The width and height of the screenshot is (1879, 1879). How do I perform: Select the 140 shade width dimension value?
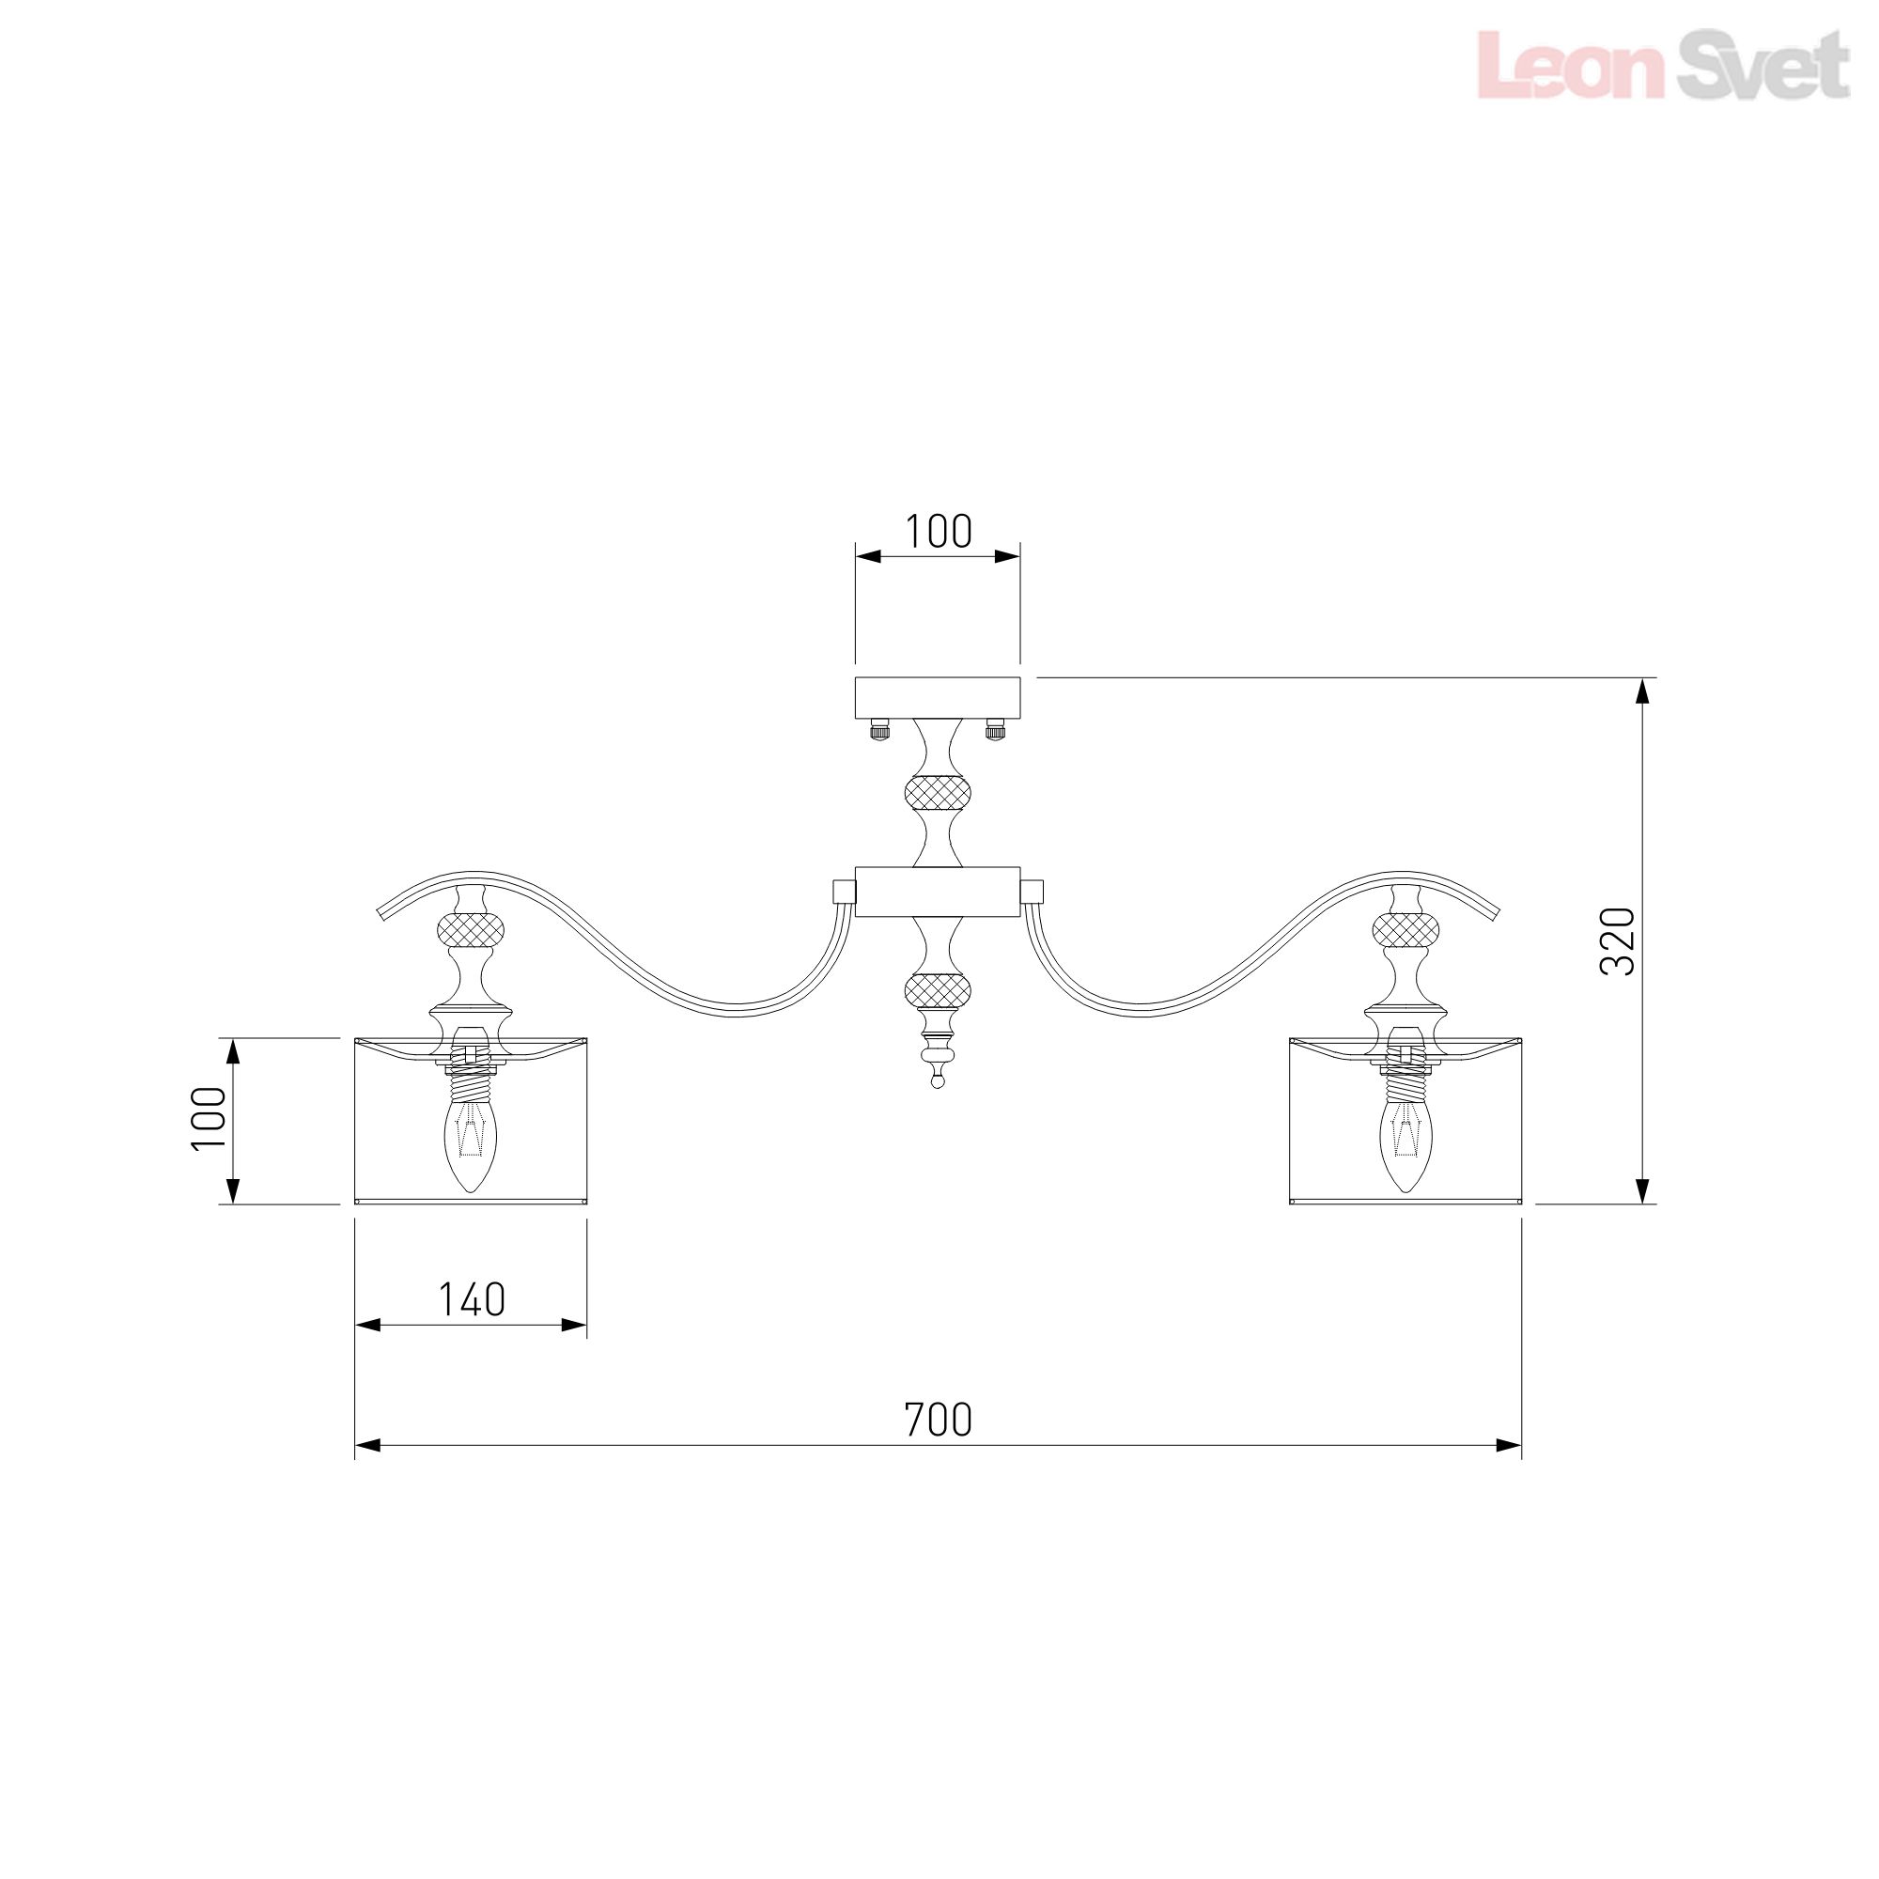click(x=472, y=1299)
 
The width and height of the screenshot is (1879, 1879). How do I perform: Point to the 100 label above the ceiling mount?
click(x=939, y=531)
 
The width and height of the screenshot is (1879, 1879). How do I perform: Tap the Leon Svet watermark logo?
click(x=1663, y=64)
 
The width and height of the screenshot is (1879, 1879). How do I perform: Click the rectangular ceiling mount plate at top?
click(x=938, y=696)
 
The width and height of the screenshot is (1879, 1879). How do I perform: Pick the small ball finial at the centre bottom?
click(x=938, y=1079)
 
